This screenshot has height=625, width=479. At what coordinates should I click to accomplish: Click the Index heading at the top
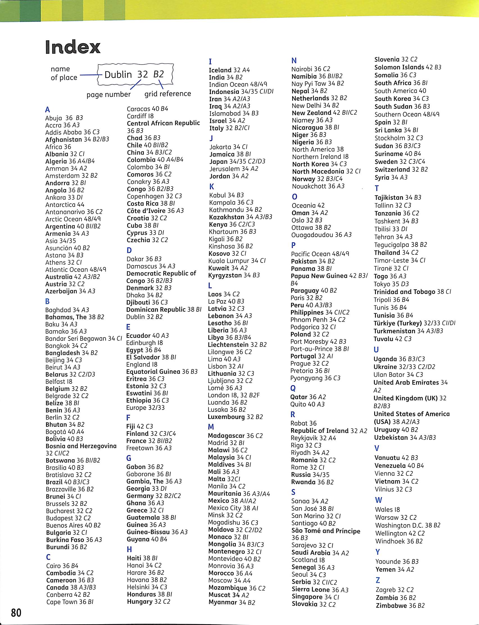(x=73, y=47)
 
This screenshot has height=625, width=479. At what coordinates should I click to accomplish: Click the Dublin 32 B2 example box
(x=135, y=75)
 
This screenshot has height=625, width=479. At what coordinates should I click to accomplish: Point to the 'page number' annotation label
(x=109, y=95)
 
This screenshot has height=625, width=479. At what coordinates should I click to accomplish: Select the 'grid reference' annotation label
(x=168, y=94)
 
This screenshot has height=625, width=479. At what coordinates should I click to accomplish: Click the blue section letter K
(x=212, y=187)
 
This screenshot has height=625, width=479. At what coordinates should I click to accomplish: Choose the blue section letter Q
(x=293, y=389)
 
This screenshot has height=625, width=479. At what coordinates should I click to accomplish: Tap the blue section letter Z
(x=378, y=580)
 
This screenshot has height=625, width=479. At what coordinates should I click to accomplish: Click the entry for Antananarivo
(x=74, y=212)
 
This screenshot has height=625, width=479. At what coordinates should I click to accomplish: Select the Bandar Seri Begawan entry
(x=83, y=339)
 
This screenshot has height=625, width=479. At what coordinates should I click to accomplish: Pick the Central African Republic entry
(x=163, y=123)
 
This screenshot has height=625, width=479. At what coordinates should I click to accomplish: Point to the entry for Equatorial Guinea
(x=162, y=372)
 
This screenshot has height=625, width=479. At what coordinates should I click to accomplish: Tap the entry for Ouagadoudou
(x=321, y=235)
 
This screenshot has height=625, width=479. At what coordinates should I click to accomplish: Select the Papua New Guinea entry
(x=329, y=276)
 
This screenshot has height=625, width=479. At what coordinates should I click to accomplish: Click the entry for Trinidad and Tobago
(x=412, y=292)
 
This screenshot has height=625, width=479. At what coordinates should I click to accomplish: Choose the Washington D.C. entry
(x=408, y=525)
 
